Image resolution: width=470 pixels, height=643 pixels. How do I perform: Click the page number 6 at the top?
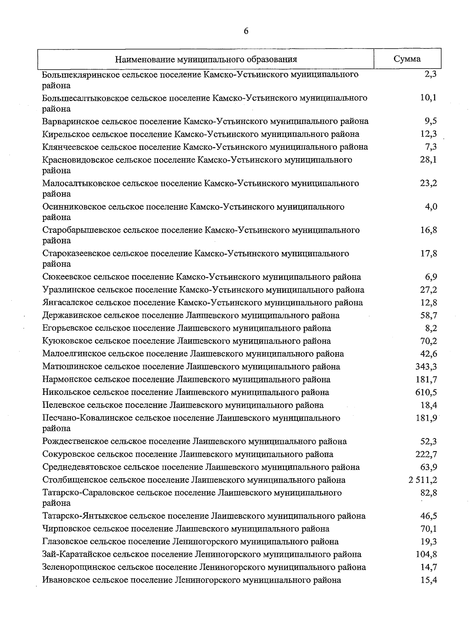[x=246, y=31]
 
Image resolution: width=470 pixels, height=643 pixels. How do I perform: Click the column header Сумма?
[x=407, y=59]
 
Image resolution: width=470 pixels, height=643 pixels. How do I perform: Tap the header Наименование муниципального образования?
[x=206, y=59]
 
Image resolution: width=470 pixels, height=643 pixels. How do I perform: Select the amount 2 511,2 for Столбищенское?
[x=423, y=480]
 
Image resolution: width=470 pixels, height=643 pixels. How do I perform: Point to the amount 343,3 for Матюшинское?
[x=426, y=367]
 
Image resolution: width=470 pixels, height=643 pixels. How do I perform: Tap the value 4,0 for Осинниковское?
[x=431, y=207]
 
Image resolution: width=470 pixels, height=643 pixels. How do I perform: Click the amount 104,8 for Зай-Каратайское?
[x=426, y=555]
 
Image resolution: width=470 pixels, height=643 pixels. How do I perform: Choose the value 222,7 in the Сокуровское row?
[x=426, y=454]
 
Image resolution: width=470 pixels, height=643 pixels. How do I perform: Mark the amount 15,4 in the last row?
[x=428, y=580]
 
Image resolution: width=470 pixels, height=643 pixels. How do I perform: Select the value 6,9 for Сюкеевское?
[x=431, y=277]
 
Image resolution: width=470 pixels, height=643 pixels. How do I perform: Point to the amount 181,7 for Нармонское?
[x=426, y=380]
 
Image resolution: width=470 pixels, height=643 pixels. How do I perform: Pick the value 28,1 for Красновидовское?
[x=428, y=160]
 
